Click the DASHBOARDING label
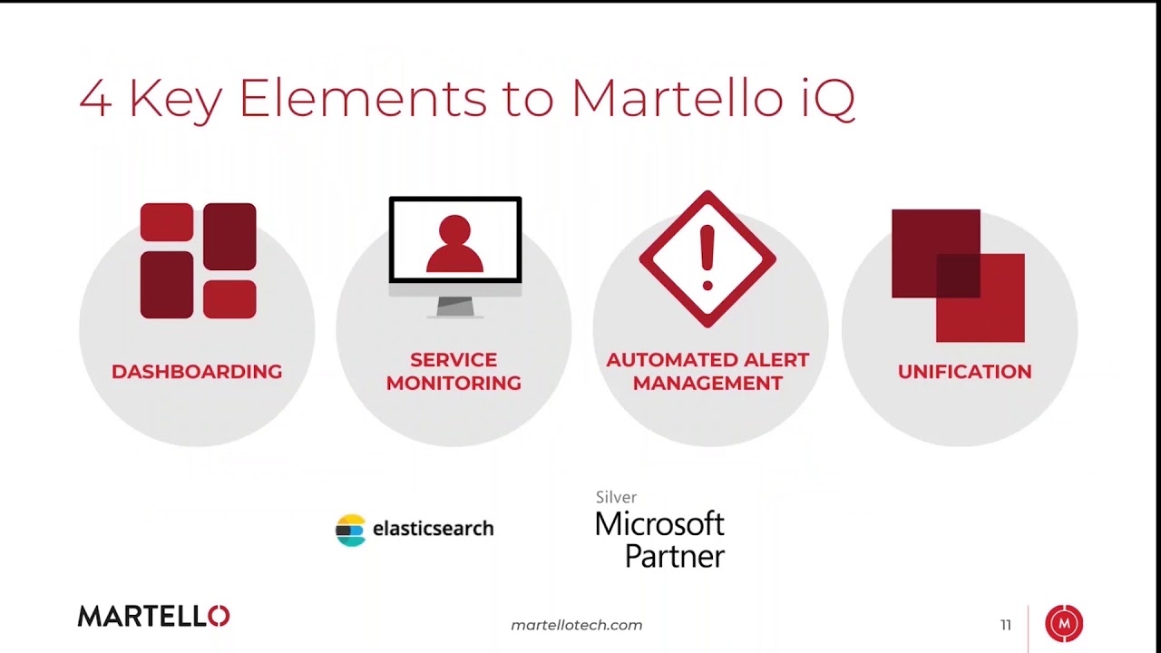point(197,372)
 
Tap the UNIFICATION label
point(964,372)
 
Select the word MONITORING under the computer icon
point(454,384)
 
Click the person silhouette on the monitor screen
point(454,246)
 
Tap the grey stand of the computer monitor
point(455,307)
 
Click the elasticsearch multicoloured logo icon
point(350,530)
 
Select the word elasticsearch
point(434,528)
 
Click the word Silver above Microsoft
point(616,497)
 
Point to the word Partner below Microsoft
point(675,555)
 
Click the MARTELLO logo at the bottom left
point(153,617)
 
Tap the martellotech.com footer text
point(577,625)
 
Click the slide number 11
point(1005,625)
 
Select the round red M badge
point(1064,624)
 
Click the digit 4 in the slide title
point(95,99)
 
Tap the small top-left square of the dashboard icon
point(167,222)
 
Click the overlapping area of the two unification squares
point(958,276)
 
